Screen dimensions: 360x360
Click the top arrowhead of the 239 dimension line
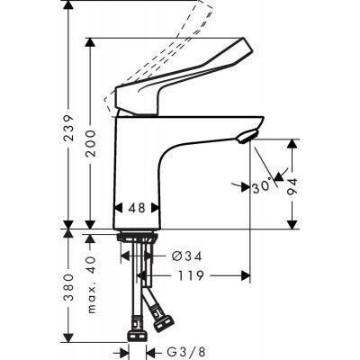(x=69, y=8)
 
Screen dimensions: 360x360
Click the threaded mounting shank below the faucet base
(x=140, y=245)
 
